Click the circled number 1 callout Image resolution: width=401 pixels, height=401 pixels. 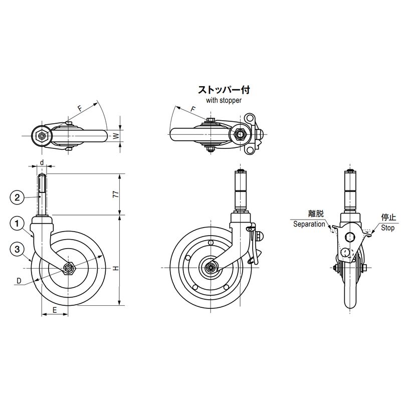tap(17, 224)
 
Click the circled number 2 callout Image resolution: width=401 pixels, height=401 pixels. tap(17, 197)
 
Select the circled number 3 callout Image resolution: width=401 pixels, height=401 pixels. tap(17, 249)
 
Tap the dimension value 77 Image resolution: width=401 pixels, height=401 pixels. tap(116, 194)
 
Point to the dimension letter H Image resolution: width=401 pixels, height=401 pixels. tap(116, 268)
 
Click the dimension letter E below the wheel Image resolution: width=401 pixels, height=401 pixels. tap(55, 310)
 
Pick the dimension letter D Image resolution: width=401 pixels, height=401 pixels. tap(19, 281)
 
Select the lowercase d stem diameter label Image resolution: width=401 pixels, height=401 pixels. tap(42, 162)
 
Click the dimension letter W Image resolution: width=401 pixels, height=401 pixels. tap(116, 135)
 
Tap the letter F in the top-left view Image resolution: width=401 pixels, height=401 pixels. tap(80, 108)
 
